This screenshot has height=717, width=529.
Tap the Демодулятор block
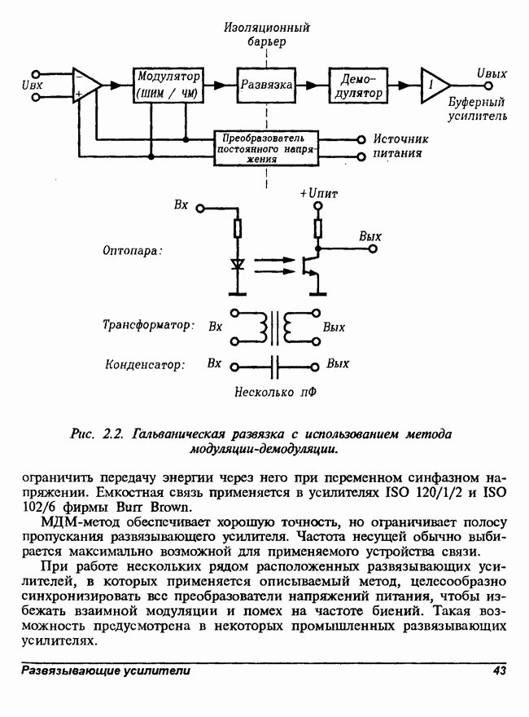point(358,85)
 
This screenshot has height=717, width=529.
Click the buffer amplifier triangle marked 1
point(434,85)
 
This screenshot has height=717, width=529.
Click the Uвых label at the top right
point(492,74)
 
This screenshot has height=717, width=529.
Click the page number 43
point(499,671)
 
